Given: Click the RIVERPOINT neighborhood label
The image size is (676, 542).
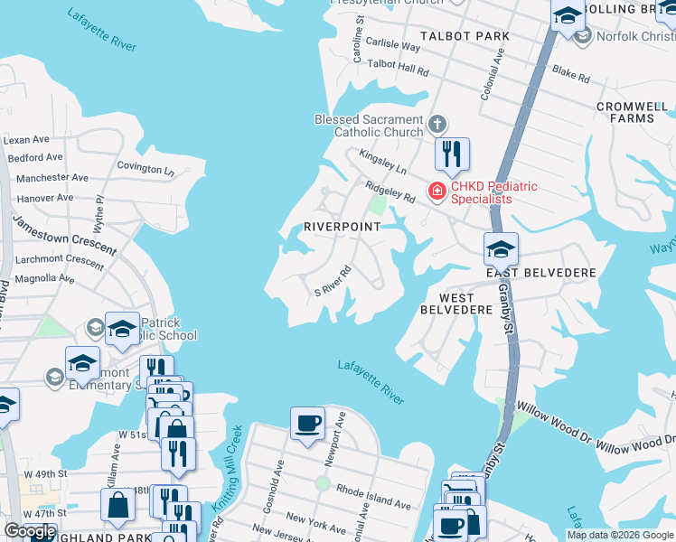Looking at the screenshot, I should click(x=342, y=227).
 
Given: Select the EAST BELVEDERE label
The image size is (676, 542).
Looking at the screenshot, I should click(x=540, y=273).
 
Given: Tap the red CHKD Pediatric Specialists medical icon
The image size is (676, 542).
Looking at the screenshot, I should click(x=437, y=191).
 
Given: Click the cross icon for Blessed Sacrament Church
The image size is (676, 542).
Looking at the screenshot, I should click(x=437, y=125).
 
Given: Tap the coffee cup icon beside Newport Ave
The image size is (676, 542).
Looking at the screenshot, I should click(x=307, y=422).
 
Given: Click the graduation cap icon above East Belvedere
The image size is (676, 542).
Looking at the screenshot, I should click(x=500, y=248).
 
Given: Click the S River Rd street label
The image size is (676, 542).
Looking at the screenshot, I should click(x=332, y=281).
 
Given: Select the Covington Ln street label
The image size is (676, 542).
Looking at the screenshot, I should click(x=145, y=168).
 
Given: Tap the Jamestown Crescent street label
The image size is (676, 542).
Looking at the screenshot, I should click(x=64, y=234).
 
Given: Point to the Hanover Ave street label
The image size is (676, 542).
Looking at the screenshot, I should click(x=39, y=198).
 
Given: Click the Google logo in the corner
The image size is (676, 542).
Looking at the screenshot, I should click(x=30, y=531).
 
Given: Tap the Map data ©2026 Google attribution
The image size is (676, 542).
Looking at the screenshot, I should click(x=620, y=535).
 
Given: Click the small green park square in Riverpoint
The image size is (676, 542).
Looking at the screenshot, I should click(x=376, y=206).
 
